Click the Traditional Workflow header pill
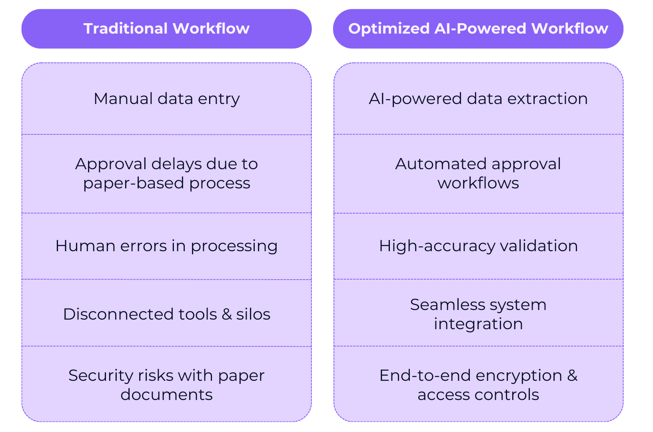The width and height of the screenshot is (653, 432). (166, 28)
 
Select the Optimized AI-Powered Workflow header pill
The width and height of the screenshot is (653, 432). (478, 28)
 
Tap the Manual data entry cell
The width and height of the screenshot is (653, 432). (166, 98)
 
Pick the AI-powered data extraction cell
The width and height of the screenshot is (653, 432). (478, 98)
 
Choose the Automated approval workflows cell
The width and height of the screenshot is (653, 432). (478, 174)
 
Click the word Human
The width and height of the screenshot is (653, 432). (85, 246)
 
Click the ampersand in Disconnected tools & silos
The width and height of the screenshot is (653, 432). (226, 314)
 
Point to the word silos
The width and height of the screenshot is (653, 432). (253, 314)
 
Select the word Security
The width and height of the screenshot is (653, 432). (101, 376)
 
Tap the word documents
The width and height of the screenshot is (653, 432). (166, 394)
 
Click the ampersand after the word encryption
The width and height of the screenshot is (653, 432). (572, 376)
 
